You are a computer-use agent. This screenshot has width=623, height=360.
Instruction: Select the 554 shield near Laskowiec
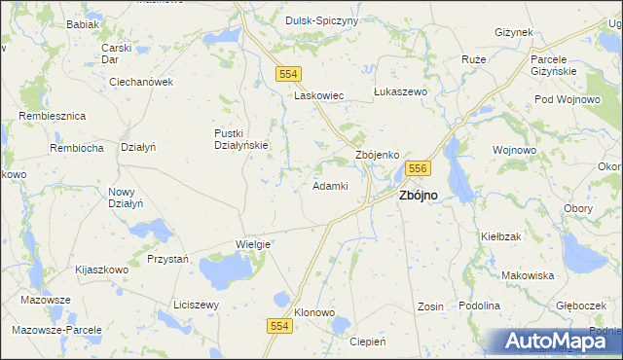287,74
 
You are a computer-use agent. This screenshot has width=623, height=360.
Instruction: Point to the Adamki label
330,185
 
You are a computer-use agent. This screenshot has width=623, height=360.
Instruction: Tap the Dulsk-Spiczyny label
322,20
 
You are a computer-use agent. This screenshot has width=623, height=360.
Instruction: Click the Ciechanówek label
141,83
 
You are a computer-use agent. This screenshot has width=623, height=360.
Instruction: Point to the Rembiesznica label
53,116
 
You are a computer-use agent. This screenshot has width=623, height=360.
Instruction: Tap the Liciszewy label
196,305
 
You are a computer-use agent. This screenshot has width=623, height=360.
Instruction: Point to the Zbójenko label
379,155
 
